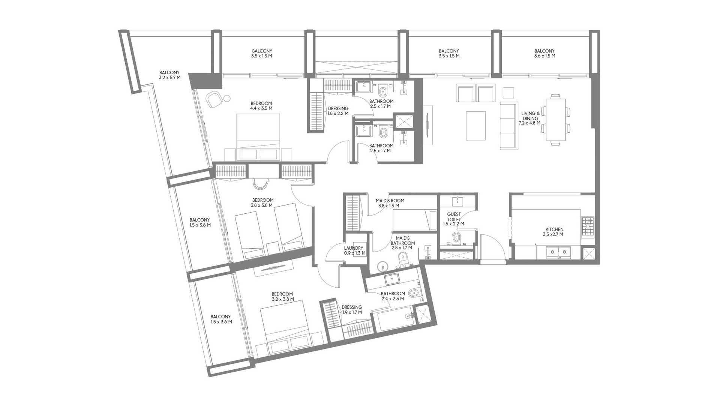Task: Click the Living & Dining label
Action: [x=530, y=115]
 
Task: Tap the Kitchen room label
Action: [x=554, y=229]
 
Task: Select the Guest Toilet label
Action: [x=454, y=217]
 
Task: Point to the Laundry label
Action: [x=353, y=248]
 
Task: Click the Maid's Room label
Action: [x=390, y=201]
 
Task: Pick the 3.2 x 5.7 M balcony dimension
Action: [x=169, y=78]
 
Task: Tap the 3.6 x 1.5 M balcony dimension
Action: [x=544, y=56]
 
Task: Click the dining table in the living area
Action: [x=556, y=120]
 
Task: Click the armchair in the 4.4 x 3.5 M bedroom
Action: [x=214, y=99]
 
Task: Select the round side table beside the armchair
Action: [x=226, y=98]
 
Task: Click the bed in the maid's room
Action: [x=414, y=219]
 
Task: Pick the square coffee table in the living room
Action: [x=475, y=126]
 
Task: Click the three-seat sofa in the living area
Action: [x=508, y=126]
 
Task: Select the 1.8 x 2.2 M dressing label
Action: [x=338, y=111]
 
